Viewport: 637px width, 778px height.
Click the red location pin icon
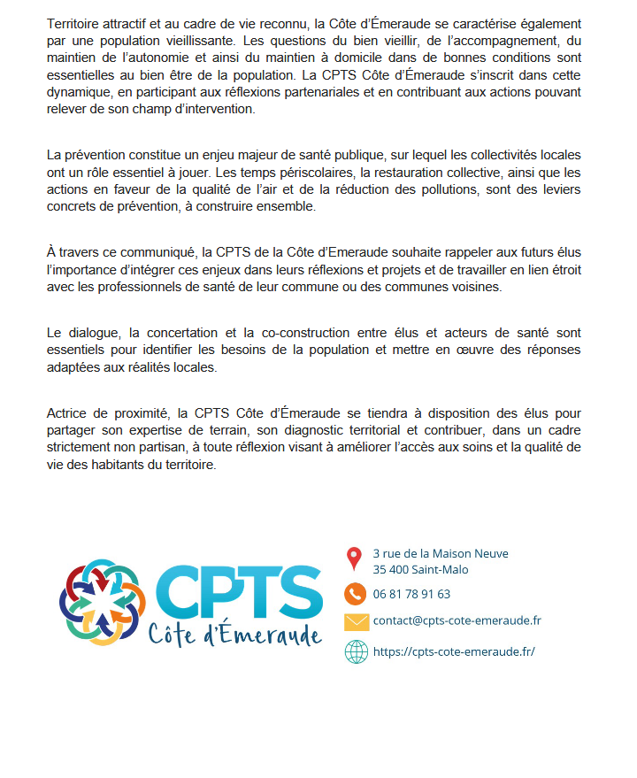tap(354, 558)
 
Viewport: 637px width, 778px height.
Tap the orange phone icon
tap(355, 594)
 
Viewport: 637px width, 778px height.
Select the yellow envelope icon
tap(356, 621)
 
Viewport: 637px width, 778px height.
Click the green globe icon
tap(356, 651)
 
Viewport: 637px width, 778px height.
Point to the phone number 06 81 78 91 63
tap(411, 594)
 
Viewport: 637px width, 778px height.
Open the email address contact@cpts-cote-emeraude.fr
tap(457, 620)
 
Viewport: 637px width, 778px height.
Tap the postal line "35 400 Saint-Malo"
tap(420, 570)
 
